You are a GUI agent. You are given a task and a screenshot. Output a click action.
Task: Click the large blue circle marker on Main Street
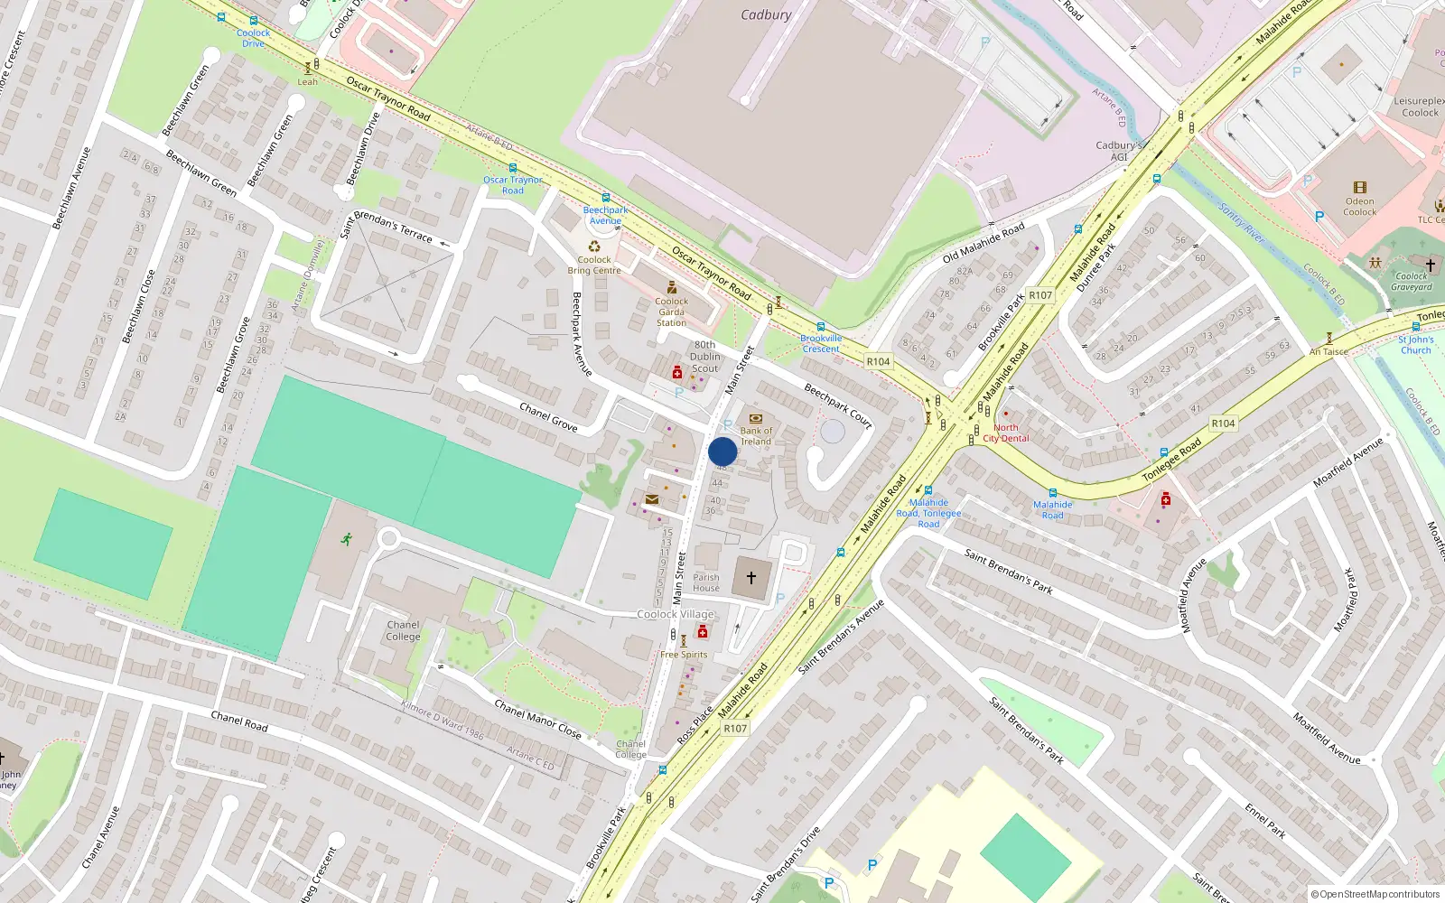click(x=722, y=451)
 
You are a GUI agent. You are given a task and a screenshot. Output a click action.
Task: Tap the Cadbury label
click(x=766, y=14)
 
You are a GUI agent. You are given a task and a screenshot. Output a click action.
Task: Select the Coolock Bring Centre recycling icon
click(x=594, y=247)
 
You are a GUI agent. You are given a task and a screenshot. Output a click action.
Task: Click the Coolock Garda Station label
click(x=671, y=312)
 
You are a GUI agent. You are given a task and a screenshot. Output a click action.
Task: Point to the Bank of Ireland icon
click(x=756, y=419)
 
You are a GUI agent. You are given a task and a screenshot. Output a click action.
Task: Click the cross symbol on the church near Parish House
click(x=750, y=577)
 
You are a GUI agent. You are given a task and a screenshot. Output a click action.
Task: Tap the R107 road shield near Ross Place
click(x=735, y=729)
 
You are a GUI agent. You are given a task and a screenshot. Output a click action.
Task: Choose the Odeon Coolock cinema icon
click(x=1359, y=188)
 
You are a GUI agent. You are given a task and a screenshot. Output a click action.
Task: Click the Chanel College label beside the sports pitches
click(x=403, y=630)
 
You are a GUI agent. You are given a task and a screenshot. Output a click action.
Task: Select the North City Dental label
click(x=1005, y=433)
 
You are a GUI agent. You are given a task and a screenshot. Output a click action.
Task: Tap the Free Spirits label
click(x=684, y=655)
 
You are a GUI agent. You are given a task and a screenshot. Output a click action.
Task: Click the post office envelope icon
click(x=652, y=499)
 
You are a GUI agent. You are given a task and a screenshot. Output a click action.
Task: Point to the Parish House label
click(x=706, y=582)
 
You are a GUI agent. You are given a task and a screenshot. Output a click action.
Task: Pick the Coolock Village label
click(x=676, y=614)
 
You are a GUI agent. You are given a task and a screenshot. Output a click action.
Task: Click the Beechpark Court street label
click(x=838, y=406)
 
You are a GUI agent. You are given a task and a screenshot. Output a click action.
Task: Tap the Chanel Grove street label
click(x=548, y=416)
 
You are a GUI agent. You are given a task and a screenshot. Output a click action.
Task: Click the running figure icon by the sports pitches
click(x=346, y=540)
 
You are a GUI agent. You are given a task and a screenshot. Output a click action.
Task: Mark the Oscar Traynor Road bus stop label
click(x=513, y=185)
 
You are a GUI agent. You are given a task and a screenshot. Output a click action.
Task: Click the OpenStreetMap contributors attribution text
click(x=1380, y=894)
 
